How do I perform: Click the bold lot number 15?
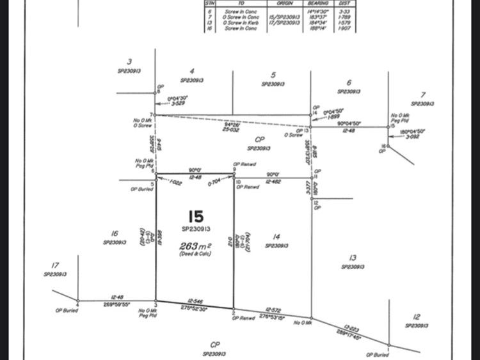(195, 215)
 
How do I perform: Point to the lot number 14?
(276, 237)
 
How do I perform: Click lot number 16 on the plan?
(115, 234)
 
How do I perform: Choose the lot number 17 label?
(55, 265)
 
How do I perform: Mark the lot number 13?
(353, 258)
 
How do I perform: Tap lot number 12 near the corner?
(417, 317)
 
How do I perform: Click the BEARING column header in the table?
(317, 3)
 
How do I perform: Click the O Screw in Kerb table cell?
(242, 22)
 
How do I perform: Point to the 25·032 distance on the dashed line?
(231, 129)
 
